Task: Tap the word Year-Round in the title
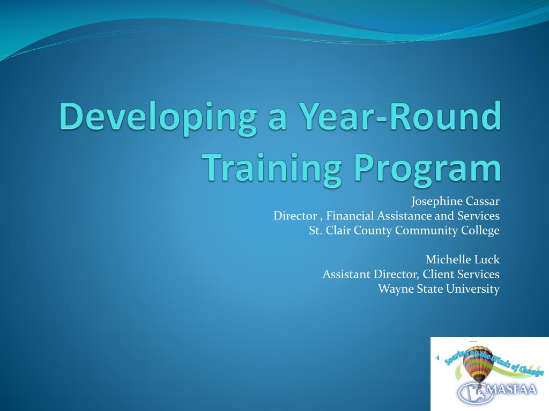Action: [401, 116]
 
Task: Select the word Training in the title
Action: [273, 170]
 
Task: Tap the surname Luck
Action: [486, 260]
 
